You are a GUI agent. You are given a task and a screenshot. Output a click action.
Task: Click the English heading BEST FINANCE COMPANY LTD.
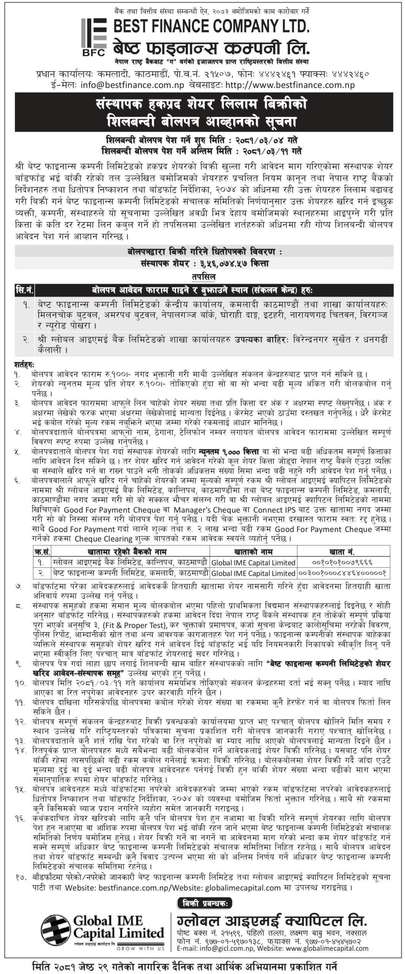click(x=211, y=26)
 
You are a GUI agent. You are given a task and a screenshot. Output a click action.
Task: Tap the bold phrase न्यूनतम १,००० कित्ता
click(x=229, y=452)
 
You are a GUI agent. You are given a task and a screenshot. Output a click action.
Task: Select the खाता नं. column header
click(x=343, y=552)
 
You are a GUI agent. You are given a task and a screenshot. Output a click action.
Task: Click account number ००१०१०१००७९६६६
click(x=342, y=562)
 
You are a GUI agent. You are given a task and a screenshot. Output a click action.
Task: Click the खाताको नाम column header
click(x=254, y=552)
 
